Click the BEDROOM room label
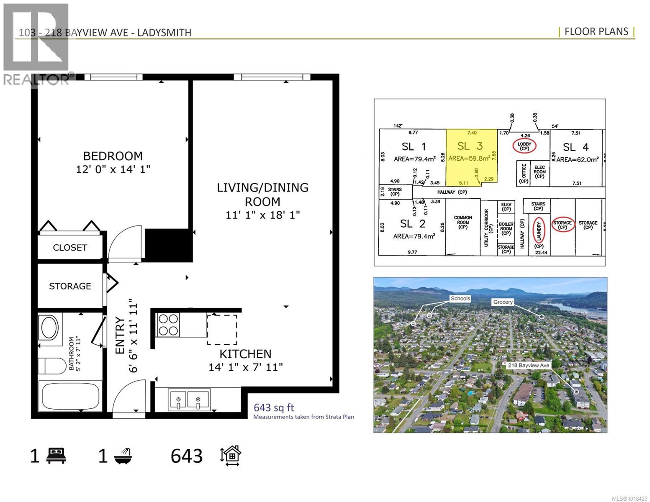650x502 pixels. pos(113,156)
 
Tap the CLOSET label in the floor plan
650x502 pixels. pos(70,248)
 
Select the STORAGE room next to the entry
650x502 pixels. pos(70,286)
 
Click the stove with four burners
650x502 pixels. pos(168,325)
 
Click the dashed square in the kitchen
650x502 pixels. pos(222,330)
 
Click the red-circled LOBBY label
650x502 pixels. pos(524,146)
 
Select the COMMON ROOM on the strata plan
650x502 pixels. pos(462,223)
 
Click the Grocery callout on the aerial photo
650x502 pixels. pos(503,302)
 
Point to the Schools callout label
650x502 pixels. pos(460,298)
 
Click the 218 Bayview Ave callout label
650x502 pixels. pos(528,365)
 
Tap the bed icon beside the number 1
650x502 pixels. pos(56,456)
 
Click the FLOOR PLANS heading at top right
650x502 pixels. pos(596,31)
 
